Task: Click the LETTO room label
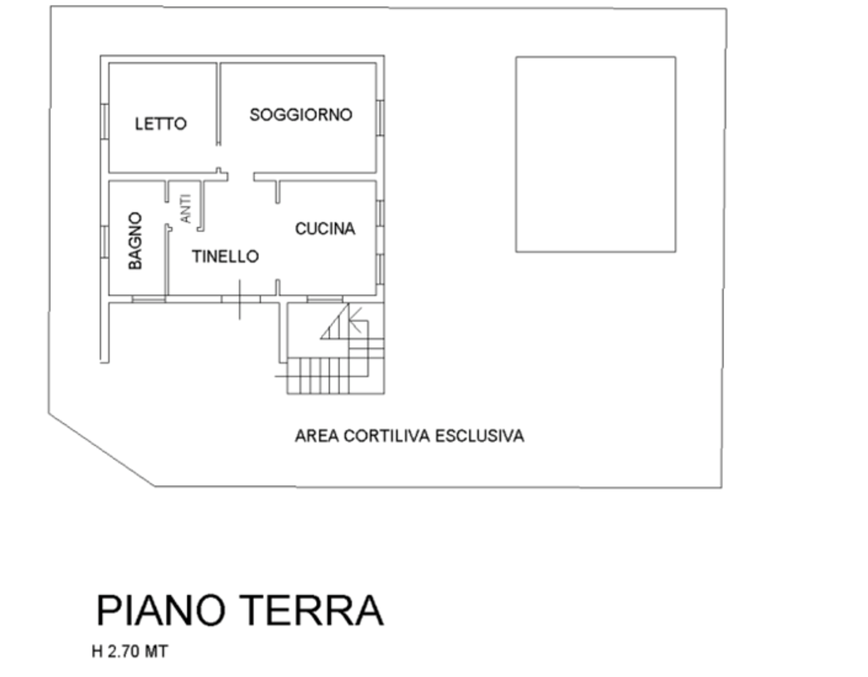click(x=161, y=124)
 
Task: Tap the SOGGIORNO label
click(x=301, y=115)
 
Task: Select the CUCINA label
click(x=325, y=229)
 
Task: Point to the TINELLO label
click(x=225, y=256)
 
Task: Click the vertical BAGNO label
click(x=135, y=241)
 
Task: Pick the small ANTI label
click(x=186, y=208)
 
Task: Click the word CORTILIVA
click(x=387, y=436)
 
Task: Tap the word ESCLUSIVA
click(x=479, y=436)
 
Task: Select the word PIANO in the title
click(x=161, y=611)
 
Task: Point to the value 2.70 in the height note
click(x=124, y=652)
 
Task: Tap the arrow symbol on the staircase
click(x=355, y=320)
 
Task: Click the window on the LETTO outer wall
click(x=104, y=122)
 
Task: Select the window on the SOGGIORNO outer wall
click(x=380, y=118)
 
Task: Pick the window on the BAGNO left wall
click(x=104, y=243)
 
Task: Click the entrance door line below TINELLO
click(x=239, y=300)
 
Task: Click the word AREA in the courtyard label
click(x=317, y=436)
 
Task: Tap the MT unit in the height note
click(x=156, y=652)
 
